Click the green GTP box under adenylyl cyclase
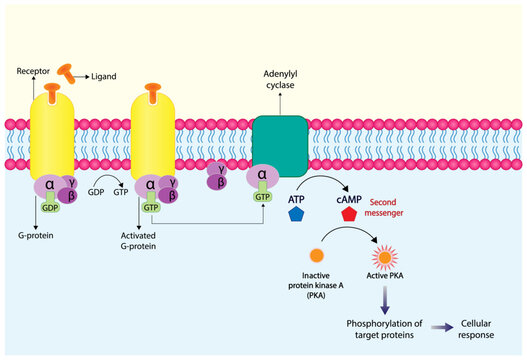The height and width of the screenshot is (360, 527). [263, 197]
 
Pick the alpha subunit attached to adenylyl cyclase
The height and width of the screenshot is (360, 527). [262, 176]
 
